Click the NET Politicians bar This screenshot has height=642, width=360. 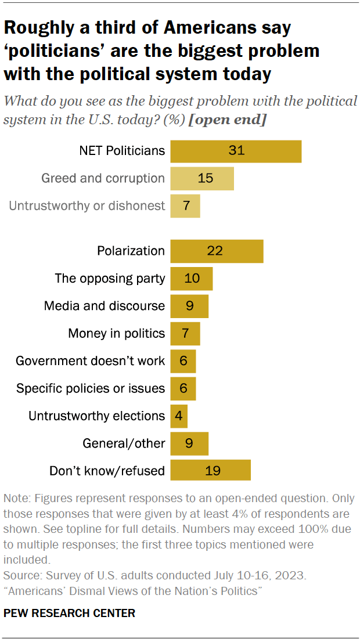(x=235, y=151)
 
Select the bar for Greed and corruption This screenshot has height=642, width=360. (x=201, y=178)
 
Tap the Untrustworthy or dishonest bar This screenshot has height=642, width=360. (x=185, y=205)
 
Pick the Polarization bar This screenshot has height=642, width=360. (x=216, y=251)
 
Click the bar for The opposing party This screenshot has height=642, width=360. (x=191, y=279)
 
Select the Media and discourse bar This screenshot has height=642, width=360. (x=189, y=306)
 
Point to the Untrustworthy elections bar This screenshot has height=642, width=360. (x=178, y=416)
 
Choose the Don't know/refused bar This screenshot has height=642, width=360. (x=210, y=470)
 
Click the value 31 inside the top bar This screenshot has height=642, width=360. (x=236, y=151)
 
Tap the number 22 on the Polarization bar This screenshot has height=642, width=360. (x=214, y=251)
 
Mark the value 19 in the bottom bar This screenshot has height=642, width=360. (x=212, y=470)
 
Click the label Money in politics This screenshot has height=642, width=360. (x=116, y=333)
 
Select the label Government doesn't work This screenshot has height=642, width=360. (x=90, y=361)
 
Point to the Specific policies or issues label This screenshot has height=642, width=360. (x=90, y=388)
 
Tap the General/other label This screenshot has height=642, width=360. (x=124, y=443)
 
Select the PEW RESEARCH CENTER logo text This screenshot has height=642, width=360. (x=69, y=613)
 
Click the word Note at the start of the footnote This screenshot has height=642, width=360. (x=15, y=499)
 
